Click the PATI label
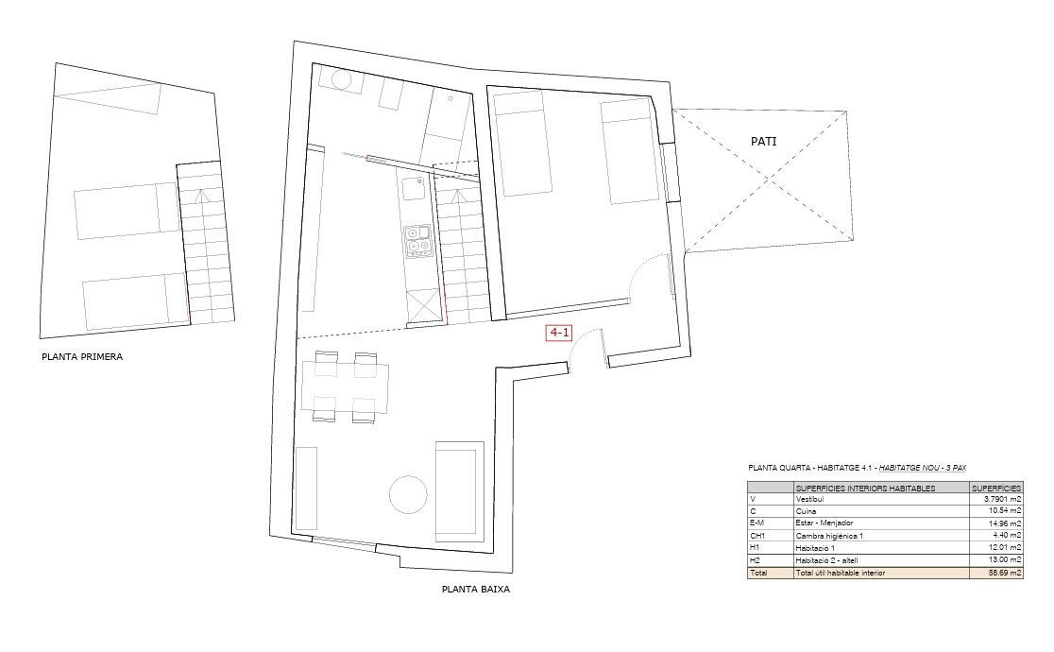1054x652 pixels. [764, 142]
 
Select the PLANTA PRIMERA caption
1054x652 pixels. [82, 357]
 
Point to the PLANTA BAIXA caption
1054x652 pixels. [476, 589]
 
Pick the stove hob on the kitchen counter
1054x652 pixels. [416, 241]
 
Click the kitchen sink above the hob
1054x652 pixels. [414, 189]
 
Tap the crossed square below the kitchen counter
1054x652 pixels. [424, 305]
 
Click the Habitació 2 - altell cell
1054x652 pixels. [830, 560]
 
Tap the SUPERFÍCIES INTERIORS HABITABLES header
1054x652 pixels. [865, 488]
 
